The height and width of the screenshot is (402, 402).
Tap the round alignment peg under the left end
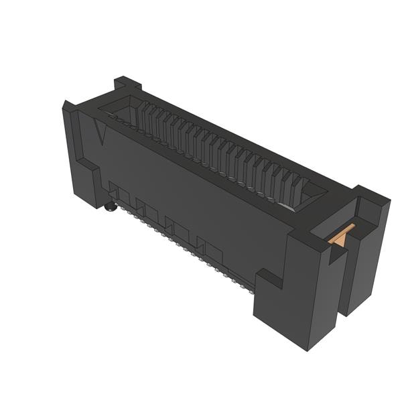110,207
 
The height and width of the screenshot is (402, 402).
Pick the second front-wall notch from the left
147,210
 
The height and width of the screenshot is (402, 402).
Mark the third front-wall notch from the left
177,228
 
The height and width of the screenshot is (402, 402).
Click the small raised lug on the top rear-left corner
127,83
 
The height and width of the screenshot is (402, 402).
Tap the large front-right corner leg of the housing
295,295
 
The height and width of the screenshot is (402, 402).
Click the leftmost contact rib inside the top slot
142,114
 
